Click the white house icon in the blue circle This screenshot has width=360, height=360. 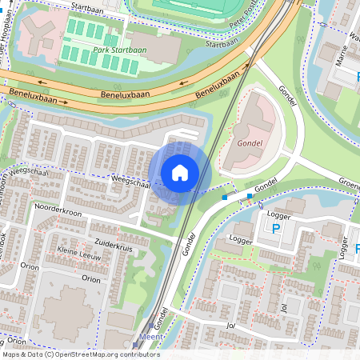[x=180, y=172]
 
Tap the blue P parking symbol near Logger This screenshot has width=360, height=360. [x=277, y=229]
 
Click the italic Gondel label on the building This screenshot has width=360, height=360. [x=250, y=144]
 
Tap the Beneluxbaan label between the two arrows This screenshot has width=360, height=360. [x=126, y=94]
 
